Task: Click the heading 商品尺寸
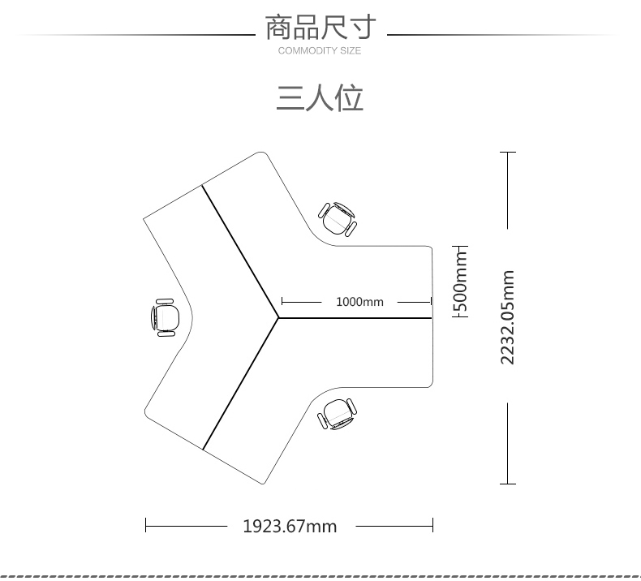pos(320,28)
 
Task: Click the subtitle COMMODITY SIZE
pos(320,51)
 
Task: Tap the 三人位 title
pos(320,97)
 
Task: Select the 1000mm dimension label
pos(359,302)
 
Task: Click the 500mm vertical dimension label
pos(460,281)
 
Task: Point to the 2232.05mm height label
pos(508,317)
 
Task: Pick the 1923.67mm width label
pos(290,526)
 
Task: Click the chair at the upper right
pos(338,218)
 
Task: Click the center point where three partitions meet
pos(278,317)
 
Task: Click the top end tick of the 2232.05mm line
pos(508,152)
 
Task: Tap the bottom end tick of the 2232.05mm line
pos(508,484)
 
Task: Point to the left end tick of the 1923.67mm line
pos(146,526)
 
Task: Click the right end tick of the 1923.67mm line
pos(432,526)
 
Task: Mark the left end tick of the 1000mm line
pos(281,302)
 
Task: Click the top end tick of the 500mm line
pos(460,244)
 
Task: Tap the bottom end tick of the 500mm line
pos(460,317)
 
